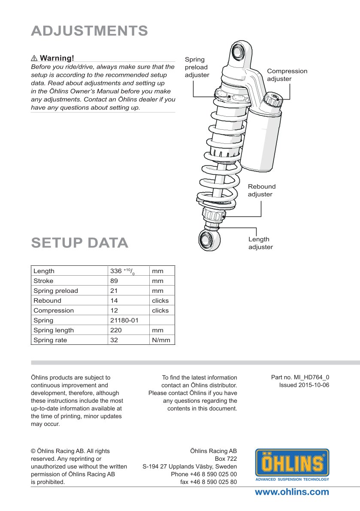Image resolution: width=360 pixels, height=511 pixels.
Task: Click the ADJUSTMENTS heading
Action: [90, 31]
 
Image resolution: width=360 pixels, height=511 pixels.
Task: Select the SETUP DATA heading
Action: [80, 243]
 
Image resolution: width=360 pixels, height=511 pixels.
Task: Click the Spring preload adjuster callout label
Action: [197, 67]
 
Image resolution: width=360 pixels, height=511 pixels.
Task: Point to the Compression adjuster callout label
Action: [287, 75]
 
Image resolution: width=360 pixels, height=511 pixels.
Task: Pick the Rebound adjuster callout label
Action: [262, 190]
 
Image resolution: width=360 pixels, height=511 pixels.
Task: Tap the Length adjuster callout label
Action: [260, 243]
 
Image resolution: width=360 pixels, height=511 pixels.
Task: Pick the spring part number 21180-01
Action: [124, 320]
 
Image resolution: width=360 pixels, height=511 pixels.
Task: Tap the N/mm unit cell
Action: [161, 340]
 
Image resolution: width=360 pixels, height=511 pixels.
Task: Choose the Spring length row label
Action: [54, 330]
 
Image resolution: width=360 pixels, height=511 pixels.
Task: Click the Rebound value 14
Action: [114, 301]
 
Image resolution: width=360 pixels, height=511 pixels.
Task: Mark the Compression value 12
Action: [114, 310]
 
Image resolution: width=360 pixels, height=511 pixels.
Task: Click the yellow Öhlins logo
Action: [292, 464]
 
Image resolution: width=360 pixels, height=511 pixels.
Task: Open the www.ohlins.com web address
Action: [292, 492]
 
